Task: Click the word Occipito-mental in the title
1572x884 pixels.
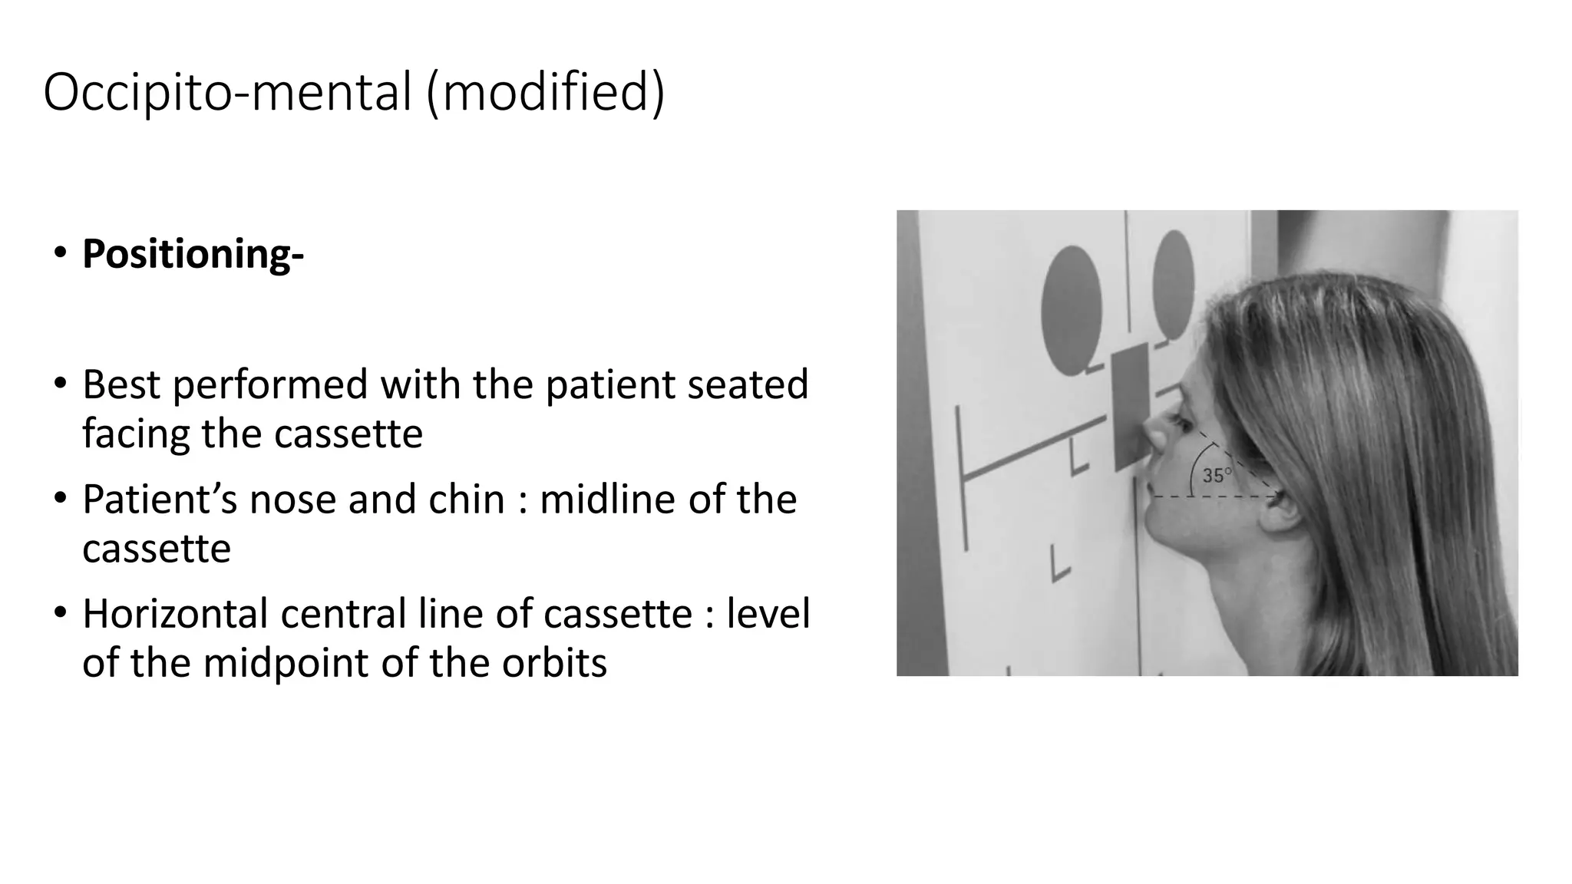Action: point(227,92)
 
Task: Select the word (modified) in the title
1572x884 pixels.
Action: point(545,92)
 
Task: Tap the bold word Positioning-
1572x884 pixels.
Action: point(193,254)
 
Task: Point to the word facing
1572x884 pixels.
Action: point(136,434)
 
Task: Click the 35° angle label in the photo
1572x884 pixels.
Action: point(1216,476)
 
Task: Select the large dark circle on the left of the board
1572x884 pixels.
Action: point(1072,310)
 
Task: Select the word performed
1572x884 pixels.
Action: point(270,384)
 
